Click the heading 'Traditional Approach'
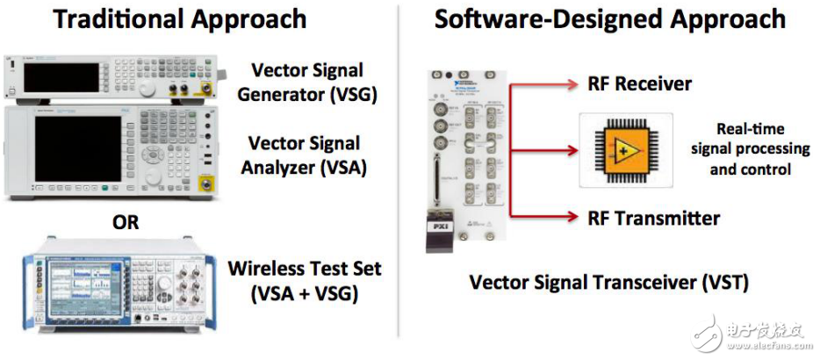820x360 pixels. pyautogui.click(x=179, y=18)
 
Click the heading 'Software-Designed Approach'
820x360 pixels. pyautogui.click(x=609, y=18)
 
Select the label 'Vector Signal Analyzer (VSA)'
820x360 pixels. pyautogui.click(x=305, y=155)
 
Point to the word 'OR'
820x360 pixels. pyautogui.click(x=125, y=223)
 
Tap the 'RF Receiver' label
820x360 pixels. pyautogui.click(x=639, y=84)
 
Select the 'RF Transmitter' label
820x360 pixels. pyautogui.click(x=653, y=218)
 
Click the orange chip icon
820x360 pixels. pyautogui.click(x=624, y=149)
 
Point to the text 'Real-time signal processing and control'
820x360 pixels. pyautogui.click(x=750, y=148)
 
